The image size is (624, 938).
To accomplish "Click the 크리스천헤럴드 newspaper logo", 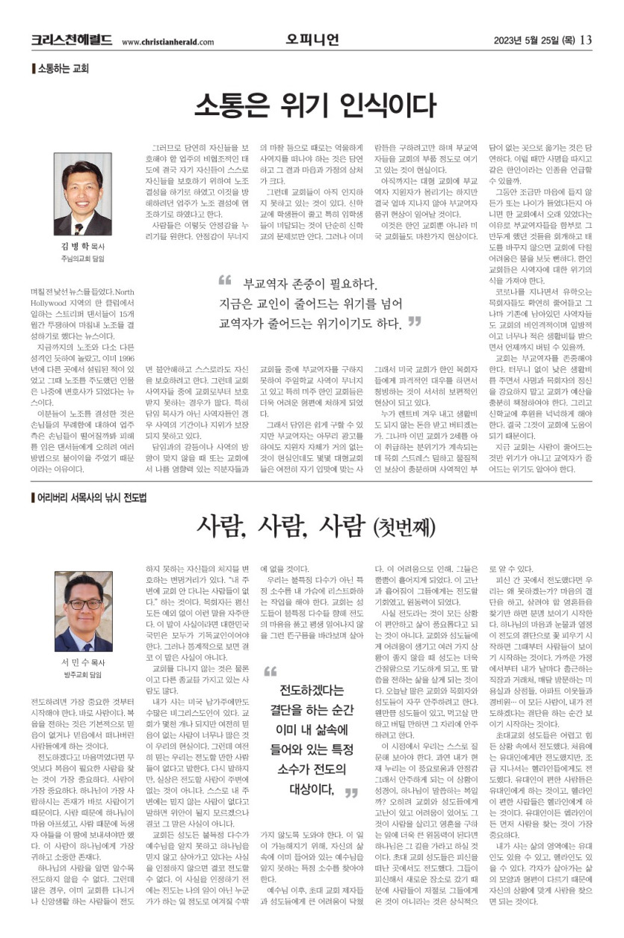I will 72,40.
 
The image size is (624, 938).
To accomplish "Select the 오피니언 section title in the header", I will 312,39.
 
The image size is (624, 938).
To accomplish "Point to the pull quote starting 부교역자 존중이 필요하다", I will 314,303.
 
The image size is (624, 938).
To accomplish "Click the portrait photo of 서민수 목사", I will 82,612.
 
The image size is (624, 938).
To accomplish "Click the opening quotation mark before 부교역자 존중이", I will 225,281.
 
